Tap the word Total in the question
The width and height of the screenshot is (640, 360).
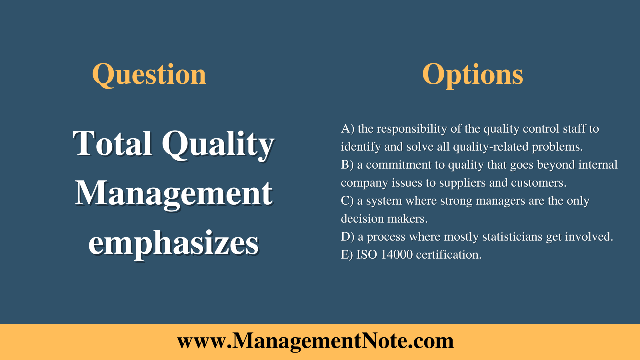coord(112,143)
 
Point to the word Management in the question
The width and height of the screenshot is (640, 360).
coord(173,193)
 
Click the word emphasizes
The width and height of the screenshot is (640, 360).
coord(173,244)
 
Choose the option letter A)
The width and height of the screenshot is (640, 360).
coord(348,129)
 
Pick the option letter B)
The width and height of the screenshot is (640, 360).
coord(347,165)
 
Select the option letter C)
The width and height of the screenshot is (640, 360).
coord(347,201)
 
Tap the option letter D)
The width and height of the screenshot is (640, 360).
coord(348,237)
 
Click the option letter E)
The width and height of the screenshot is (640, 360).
coord(347,255)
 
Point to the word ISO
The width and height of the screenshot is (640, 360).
coord(367,255)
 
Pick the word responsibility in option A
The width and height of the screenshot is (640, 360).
coord(412,129)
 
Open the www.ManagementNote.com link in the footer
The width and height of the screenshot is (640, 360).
coord(315,341)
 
